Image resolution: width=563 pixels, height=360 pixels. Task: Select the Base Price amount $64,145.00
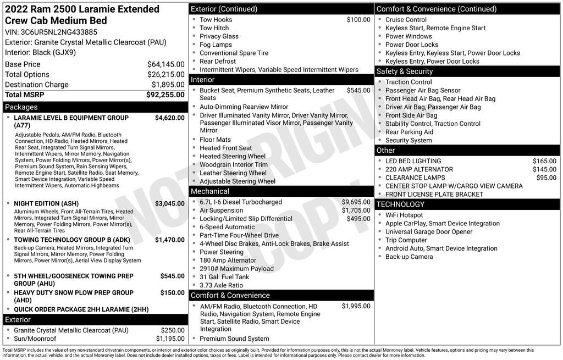click(x=165, y=64)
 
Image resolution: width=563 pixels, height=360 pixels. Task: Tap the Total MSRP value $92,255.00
click(x=165, y=95)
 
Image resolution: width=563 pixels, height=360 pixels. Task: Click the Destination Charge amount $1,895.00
click(x=168, y=85)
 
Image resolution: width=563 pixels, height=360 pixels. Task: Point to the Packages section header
click(x=21, y=107)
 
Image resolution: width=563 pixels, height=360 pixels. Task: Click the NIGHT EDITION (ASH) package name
click(x=46, y=203)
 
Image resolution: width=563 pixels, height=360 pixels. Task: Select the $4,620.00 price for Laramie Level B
click(x=169, y=118)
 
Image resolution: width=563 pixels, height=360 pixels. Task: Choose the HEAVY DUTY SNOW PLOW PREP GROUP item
click(x=74, y=293)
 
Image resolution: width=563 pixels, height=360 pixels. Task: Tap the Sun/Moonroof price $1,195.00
click(x=170, y=339)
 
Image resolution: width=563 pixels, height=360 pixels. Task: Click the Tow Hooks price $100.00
click(x=358, y=20)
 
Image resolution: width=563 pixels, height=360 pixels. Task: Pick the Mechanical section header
click(x=209, y=191)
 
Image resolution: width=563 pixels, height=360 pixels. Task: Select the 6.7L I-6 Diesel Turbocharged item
click(x=241, y=202)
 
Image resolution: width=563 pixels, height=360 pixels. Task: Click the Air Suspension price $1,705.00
click(x=356, y=211)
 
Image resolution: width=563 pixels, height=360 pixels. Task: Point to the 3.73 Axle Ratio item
click(x=221, y=285)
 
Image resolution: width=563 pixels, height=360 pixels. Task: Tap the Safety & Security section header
click(x=404, y=71)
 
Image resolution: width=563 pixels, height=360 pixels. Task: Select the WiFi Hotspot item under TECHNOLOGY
click(x=404, y=215)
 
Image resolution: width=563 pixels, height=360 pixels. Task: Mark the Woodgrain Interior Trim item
click(x=234, y=164)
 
